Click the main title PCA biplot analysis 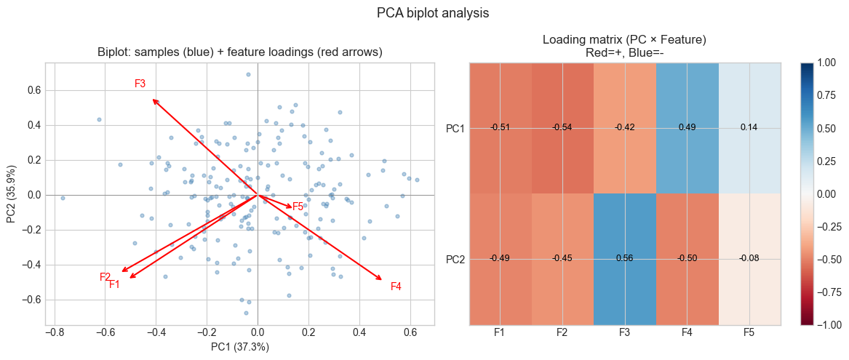(424, 12)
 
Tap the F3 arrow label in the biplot (140, 84)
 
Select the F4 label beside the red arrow (396, 287)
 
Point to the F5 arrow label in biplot (298, 207)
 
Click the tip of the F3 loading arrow (153, 99)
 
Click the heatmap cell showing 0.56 (624, 258)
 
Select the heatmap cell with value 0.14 (749, 127)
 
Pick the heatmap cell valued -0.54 (562, 127)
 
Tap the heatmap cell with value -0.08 (749, 258)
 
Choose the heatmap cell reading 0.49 (687, 127)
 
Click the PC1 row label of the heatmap (455, 128)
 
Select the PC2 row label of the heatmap (455, 259)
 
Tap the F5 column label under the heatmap (749, 332)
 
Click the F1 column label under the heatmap (500, 332)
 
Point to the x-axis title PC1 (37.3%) (240, 347)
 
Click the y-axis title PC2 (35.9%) (12, 194)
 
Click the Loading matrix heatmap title (624, 46)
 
